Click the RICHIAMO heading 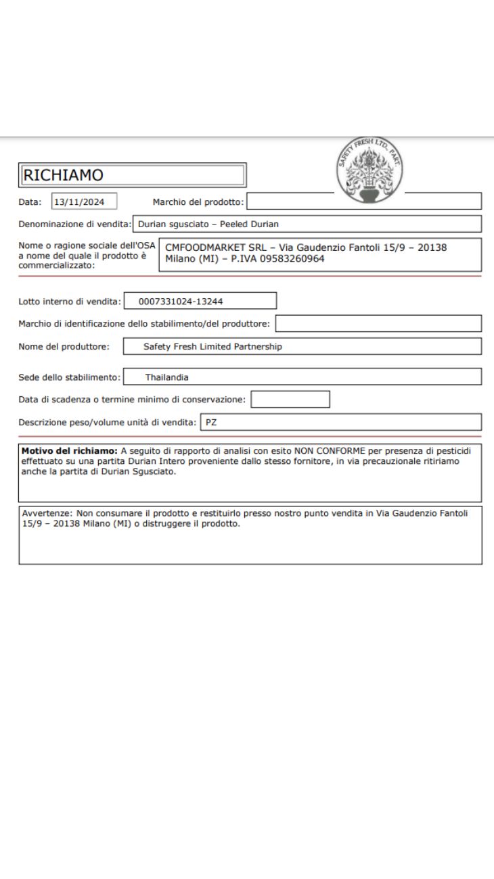[64, 175]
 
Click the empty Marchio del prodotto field [363, 201]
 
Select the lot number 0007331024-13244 [180, 301]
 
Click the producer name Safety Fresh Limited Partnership [212, 346]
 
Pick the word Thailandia [166, 377]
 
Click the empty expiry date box [290, 399]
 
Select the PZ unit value [211, 422]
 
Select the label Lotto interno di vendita [70, 301]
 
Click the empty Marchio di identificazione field [378, 324]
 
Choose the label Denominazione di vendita [74, 224]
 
